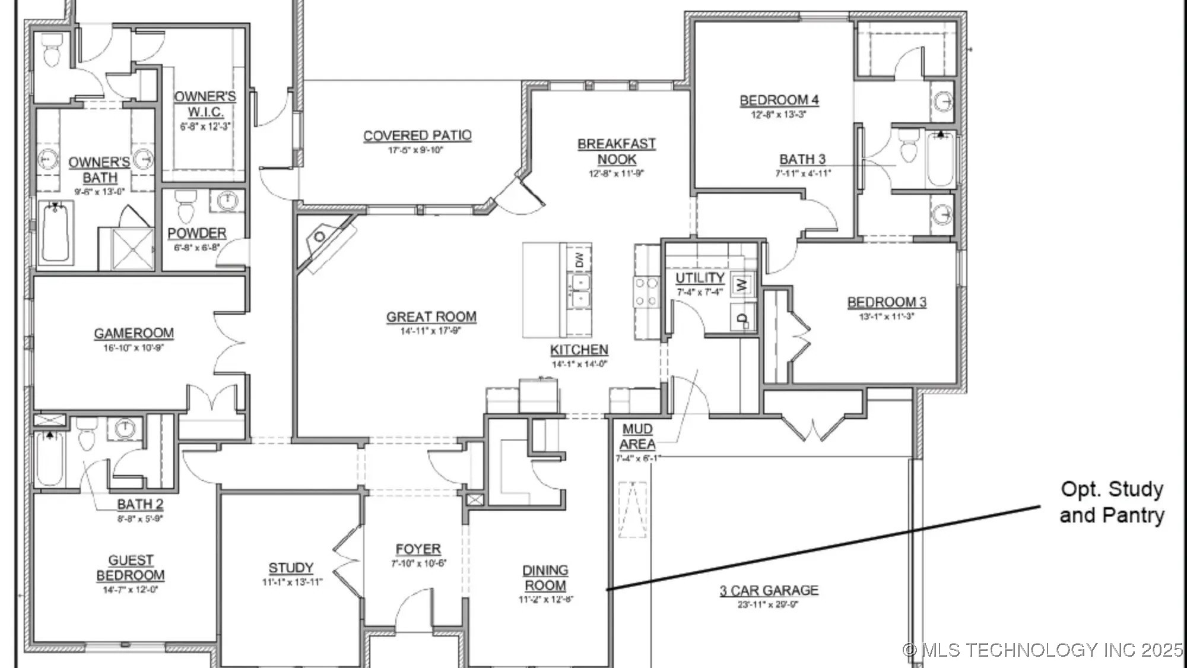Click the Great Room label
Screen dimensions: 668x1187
click(x=431, y=317)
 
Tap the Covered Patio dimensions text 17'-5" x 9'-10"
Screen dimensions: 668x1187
click(x=415, y=150)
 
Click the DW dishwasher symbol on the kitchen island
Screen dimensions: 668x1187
click(x=579, y=259)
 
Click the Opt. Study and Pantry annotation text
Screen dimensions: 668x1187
click(x=1112, y=502)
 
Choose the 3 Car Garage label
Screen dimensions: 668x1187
click(x=769, y=590)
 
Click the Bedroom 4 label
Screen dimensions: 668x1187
click(x=779, y=100)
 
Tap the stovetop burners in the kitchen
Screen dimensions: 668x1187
click(x=646, y=292)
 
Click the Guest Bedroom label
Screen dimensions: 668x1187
click(x=131, y=568)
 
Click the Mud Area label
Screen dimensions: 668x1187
click(x=637, y=436)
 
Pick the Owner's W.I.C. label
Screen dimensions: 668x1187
click(x=205, y=104)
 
